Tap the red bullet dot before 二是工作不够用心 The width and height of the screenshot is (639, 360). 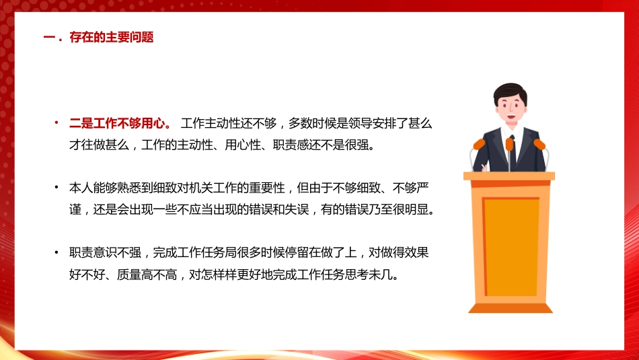point(57,123)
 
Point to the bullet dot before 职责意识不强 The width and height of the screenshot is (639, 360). point(57,253)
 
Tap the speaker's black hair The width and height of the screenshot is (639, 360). point(510,91)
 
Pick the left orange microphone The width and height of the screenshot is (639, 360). point(479,143)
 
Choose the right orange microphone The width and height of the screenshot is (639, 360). point(539,144)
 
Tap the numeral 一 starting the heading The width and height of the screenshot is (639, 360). point(48,38)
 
